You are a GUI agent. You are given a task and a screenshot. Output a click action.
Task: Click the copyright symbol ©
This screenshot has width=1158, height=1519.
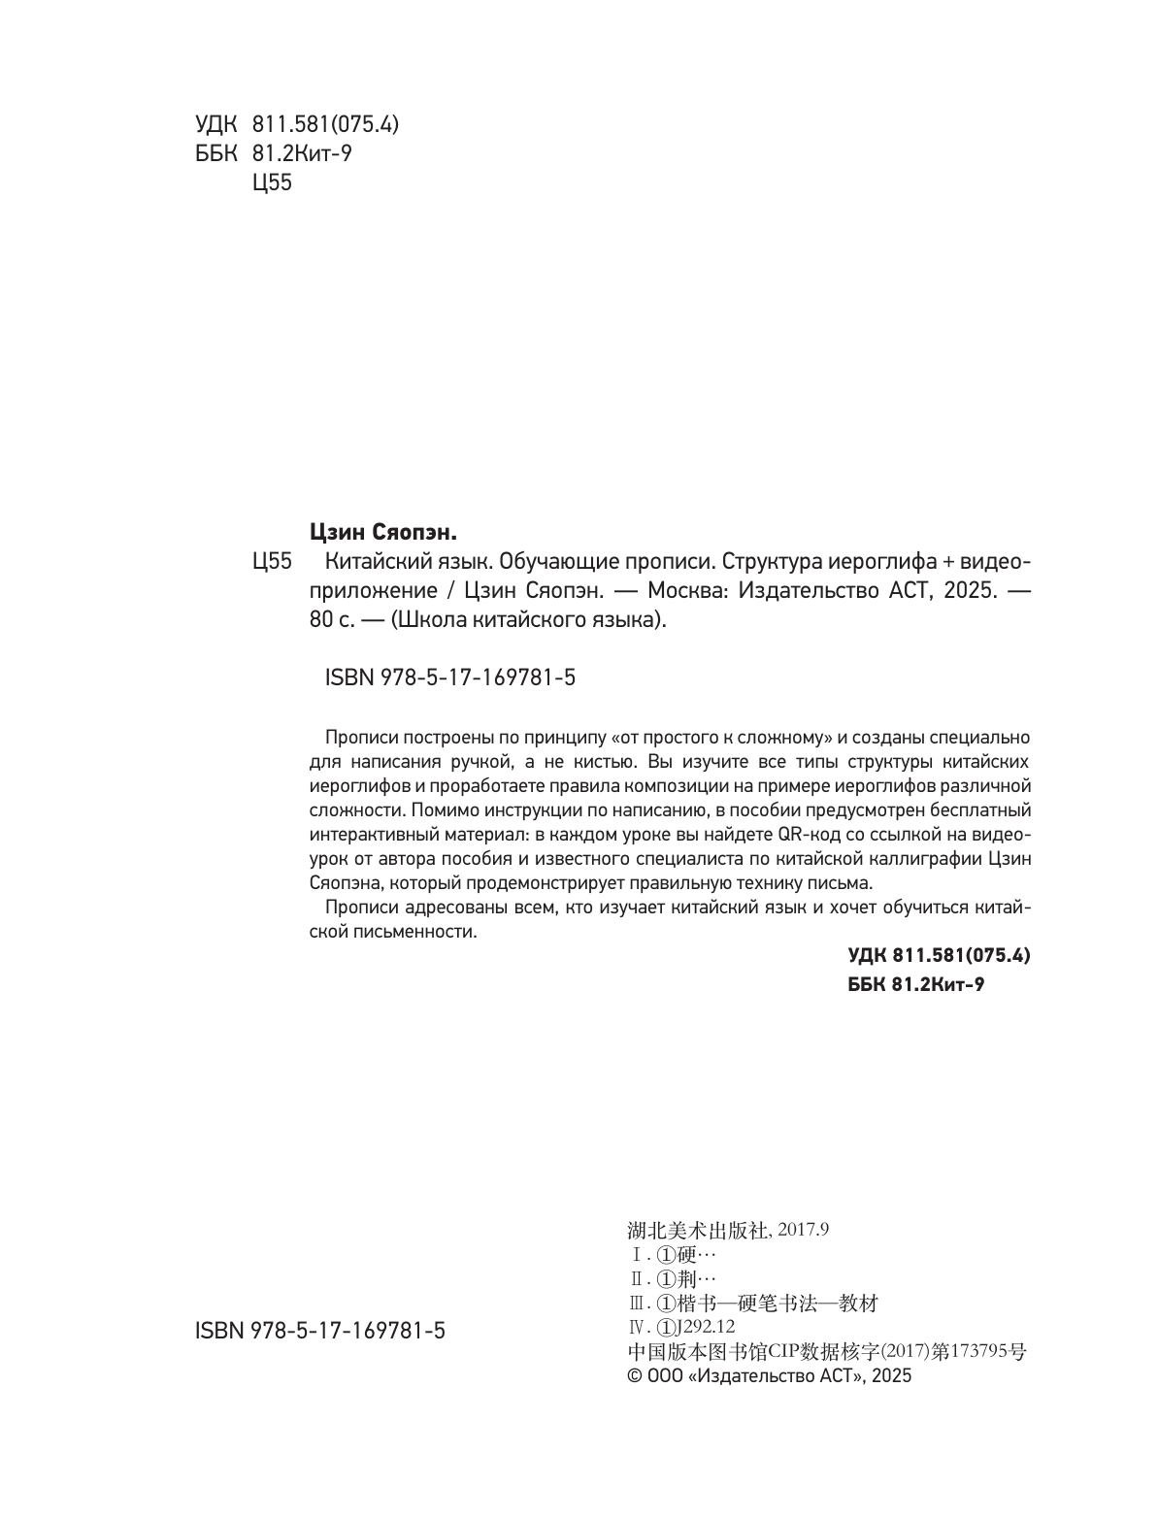click(x=637, y=1376)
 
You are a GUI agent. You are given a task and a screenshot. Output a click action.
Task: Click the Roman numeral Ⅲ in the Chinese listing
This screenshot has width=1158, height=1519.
click(x=637, y=1304)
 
